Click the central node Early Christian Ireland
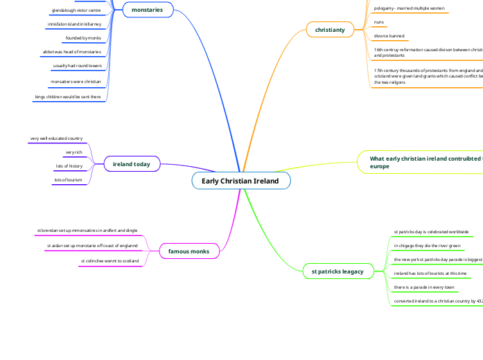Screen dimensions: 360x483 240,181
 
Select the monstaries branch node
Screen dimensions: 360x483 147,10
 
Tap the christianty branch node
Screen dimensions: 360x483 330,30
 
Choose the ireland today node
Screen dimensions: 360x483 132,164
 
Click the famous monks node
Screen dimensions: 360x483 189,251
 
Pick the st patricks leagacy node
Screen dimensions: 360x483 337,271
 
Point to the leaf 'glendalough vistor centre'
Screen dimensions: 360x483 80,10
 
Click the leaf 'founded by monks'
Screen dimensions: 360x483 83,38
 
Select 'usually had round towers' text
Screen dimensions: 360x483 78,66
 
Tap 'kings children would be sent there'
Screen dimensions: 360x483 68,97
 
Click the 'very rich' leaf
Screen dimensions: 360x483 74,152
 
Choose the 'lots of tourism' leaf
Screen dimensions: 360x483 68,180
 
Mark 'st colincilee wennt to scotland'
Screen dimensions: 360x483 109,261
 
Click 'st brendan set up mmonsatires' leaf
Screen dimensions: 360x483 87,230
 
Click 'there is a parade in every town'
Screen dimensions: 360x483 424,287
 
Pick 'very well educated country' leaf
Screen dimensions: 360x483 56,138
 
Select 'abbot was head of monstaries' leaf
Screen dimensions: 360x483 72,52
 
